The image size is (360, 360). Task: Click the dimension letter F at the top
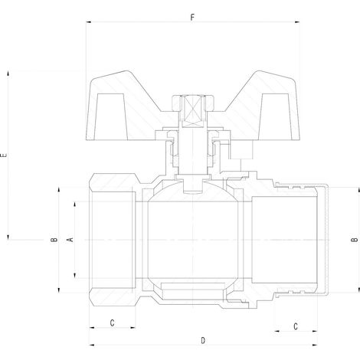coord(192,18)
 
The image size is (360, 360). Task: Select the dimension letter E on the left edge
coord(4,155)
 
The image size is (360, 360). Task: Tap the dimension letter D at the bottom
coord(203,341)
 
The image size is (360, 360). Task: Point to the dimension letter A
coord(70,240)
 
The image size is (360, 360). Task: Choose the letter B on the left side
coord(54,240)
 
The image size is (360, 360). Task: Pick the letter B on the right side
coord(354,240)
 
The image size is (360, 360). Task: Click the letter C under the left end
coord(112,323)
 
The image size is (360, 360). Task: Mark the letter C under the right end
coord(296,326)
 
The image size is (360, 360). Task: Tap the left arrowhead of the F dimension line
coord(89,22)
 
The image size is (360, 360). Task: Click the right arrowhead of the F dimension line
coord(297,22)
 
